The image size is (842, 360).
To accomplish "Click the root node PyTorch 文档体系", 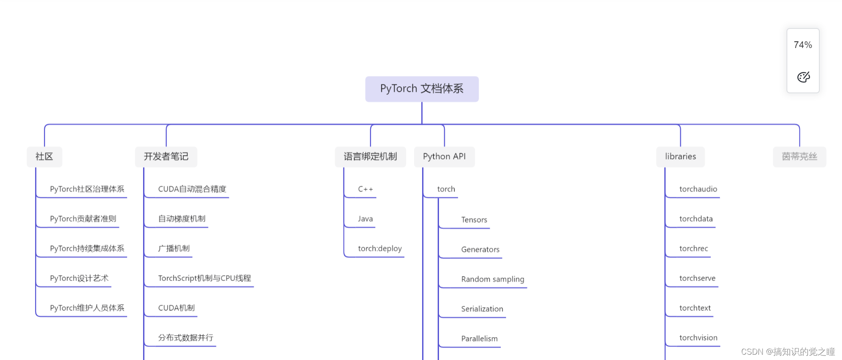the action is tap(422, 89).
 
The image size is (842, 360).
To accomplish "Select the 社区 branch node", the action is tap(44, 156).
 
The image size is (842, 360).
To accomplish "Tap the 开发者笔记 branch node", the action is tap(166, 156).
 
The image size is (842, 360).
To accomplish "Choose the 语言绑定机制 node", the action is tap(370, 156).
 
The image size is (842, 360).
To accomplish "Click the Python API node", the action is tap(444, 156).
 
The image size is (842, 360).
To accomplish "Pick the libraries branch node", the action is tap(680, 156).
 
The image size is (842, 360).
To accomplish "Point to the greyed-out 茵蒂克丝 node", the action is tap(799, 156).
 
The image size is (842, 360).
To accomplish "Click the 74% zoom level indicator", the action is tap(802, 45).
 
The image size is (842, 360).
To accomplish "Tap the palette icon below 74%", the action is tap(803, 77).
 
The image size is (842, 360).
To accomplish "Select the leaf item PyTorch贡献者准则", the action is tap(83, 219).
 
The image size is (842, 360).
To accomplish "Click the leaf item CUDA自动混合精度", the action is tap(192, 189).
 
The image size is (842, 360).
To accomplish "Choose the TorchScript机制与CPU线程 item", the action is tap(204, 278).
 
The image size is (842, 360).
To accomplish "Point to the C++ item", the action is tap(365, 189).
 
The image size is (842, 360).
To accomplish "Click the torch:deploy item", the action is tap(380, 248).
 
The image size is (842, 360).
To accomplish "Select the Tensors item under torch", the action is tap(474, 220).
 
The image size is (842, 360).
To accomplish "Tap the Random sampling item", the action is tap(492, 279).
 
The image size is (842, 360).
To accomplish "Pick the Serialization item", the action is tap(482, 309).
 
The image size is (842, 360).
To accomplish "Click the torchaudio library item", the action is tap(698, 189).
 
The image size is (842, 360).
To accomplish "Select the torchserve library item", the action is tap(697, 278).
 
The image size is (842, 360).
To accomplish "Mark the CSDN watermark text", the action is tap(788, 352).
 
